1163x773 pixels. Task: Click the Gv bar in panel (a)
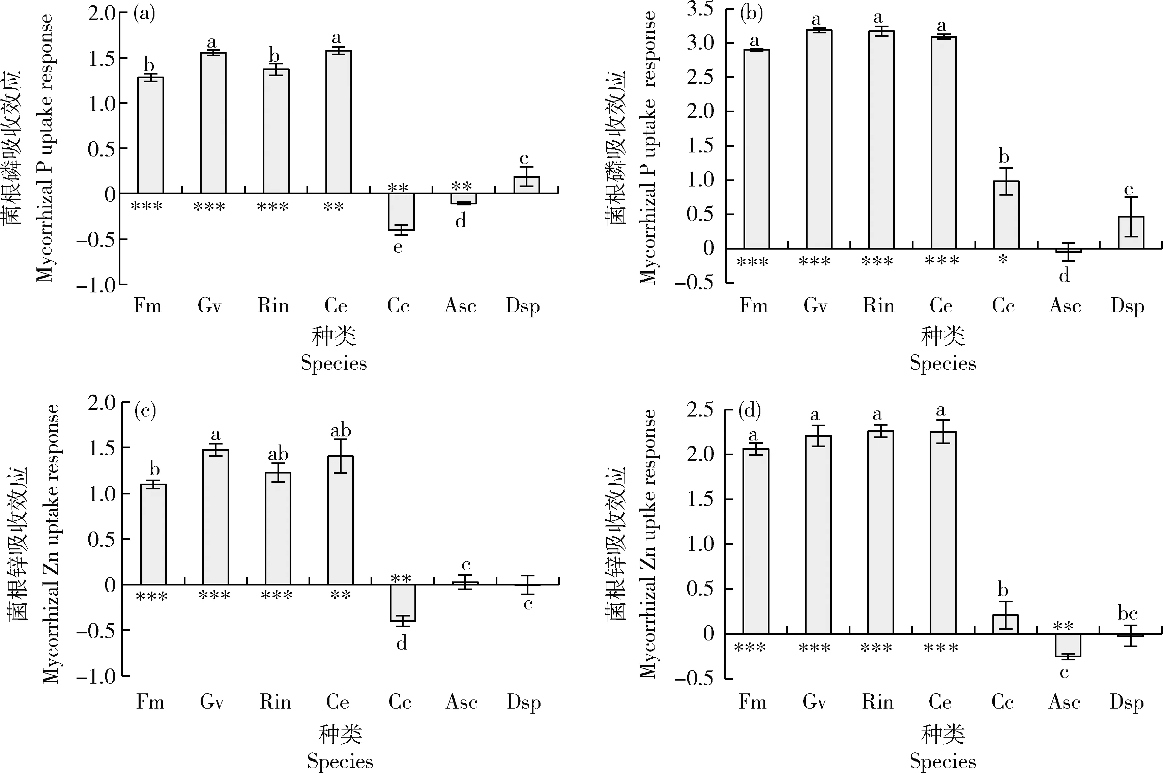click(x=213, y=123)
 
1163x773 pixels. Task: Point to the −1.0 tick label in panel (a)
click(x=96, y=285)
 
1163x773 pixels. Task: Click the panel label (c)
click(x=145, y=410)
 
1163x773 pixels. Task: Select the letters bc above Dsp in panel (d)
click(x=1128, y=614)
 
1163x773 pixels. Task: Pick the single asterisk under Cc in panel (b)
click(x=1003, y=260)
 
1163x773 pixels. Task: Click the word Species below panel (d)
click(x=942, y=761)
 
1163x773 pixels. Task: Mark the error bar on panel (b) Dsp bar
click(x=1131, y=217)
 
